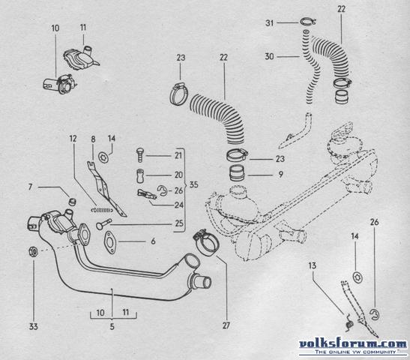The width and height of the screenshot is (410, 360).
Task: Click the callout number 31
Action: (269, 23)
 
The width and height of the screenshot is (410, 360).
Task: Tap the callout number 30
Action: (269, 56)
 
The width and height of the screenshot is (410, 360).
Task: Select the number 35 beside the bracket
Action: (193, 184)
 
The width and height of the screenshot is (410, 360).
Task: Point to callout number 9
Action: (280, 174)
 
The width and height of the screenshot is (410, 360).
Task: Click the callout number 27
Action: (226, 325)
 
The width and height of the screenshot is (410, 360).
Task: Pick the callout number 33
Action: (33, 326)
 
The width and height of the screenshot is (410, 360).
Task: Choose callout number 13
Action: (313, 265)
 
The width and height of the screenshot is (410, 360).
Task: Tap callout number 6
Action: (153, 241)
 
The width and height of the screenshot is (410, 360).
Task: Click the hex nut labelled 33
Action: (33, 251)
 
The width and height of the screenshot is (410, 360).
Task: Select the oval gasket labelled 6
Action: (110, 243)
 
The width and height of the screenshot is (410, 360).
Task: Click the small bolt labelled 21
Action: (140, 155)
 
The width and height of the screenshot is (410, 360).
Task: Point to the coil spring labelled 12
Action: (102, 210)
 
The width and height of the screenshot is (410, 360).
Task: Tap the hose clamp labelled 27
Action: (206, 242)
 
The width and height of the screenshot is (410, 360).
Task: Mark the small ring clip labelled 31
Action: (308, 22)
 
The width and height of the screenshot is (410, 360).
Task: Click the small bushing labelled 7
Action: (72, 202)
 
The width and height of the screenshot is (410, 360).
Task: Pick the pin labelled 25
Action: (103, 224)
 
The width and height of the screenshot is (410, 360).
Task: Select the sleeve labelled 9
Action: (237, 173)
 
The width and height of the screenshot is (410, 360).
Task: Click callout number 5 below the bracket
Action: (112, 326)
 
